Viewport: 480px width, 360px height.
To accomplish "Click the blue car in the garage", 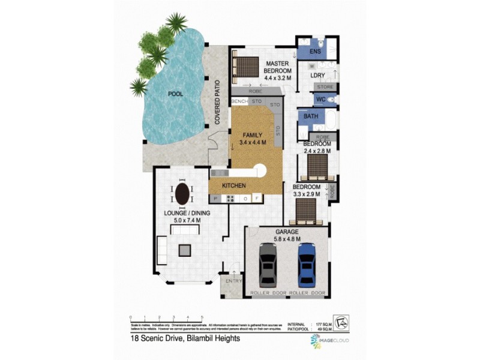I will point(306,264).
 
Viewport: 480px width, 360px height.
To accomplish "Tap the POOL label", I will point(176,94).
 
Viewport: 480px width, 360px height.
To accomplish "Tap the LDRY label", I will point(317,75).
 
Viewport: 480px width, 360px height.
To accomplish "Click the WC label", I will point(320,99).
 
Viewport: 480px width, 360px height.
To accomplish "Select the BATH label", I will point(311,116).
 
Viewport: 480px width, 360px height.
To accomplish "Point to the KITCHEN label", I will point(234,186).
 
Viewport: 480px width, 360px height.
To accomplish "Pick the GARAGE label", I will point(286,231).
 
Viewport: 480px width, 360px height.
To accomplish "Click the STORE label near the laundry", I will point(324,87).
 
